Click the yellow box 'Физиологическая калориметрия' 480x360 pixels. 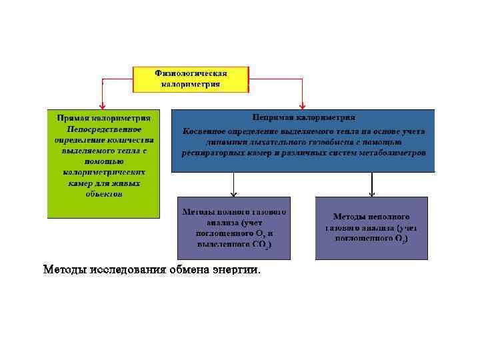pos(191,79)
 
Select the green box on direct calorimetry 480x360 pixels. pos(103,163)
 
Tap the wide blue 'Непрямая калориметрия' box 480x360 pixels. pos(303,141)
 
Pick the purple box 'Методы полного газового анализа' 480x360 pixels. pos(233,228)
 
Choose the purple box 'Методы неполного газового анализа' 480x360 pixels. pos(371,228)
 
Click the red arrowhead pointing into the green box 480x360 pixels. pos(102,105)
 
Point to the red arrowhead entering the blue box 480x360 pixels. pos(303,105)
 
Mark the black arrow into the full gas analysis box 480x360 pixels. pos(233,193)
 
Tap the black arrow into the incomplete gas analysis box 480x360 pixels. pos(371,193)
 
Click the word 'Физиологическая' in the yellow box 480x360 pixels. pos(191,73)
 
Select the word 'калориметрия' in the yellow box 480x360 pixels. pos(191,85)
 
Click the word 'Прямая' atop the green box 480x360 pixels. pos(73,117)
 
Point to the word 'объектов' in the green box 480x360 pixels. pos(104,194)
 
